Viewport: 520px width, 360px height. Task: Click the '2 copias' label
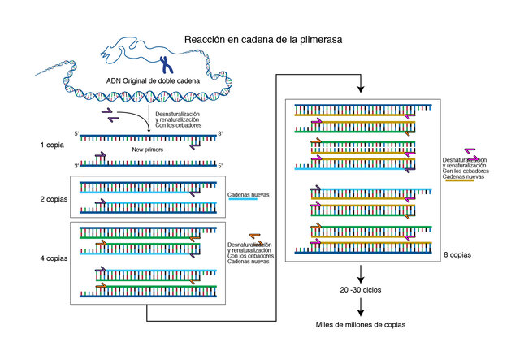tap(54, 198)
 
